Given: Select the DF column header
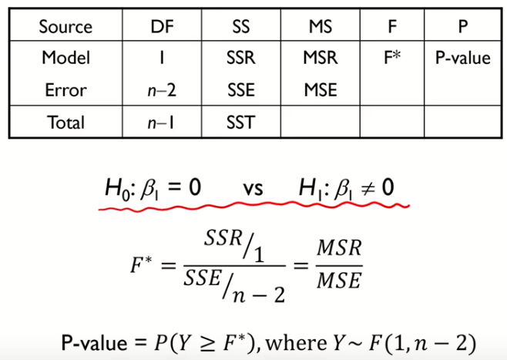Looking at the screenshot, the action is point(163,25).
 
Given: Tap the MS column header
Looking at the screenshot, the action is point(319,25).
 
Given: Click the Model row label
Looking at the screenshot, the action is point(65,58).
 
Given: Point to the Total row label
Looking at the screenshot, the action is point(65,123).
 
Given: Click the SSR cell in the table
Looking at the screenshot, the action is point(241,58).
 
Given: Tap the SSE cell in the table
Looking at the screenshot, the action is point(241,89).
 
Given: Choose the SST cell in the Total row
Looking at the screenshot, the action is point(241,123).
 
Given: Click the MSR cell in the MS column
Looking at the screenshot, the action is point(320,58).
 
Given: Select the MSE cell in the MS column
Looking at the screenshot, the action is point(320,89).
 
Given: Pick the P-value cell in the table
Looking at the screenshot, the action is point(462,58).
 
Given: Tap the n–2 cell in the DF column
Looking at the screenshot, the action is point(163,89).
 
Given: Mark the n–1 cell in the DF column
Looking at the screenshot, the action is point(163,123).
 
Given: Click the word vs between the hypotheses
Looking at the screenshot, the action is point(252,188).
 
